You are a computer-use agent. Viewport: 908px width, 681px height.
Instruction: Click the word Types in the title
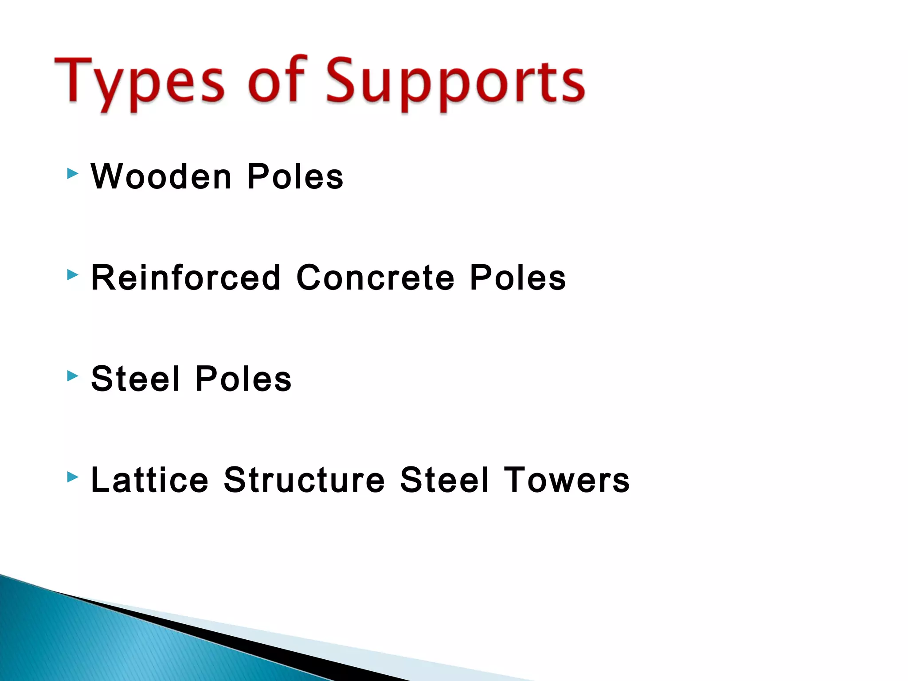tap(139, 82)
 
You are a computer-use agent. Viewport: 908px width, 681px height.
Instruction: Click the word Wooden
tap(161, 176)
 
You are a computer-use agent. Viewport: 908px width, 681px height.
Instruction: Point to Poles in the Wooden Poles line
tap(295, 176)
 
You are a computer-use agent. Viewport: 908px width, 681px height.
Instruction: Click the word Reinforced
tap(186, 278)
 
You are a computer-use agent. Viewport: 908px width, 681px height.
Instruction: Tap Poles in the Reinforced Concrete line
tap(518, 278)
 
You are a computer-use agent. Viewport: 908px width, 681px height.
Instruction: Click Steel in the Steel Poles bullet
tap(136, 379)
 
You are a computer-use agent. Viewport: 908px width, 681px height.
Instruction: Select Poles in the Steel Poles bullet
tap(243, 379)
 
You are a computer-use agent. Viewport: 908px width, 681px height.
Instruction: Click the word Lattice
tap(149, 480)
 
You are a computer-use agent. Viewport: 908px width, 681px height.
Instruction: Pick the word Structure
tap(304, 480)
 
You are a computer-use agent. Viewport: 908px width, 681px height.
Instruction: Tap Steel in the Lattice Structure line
tap(445, 480)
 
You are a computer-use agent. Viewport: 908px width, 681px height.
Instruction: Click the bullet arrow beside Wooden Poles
tap(73, 174)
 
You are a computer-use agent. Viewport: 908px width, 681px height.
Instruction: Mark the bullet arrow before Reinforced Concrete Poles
tap(73, 275)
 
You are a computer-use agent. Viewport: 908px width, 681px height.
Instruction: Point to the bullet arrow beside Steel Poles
tap(73, 376)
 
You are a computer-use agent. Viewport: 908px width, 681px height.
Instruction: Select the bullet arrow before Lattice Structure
tap(73, 477)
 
